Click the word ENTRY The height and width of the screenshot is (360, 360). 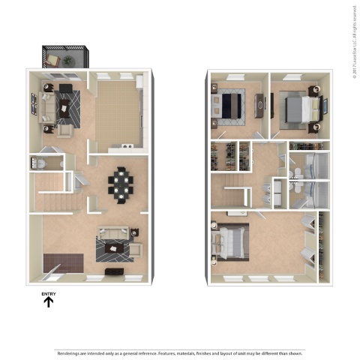pyautogui.click(x=49, y=293)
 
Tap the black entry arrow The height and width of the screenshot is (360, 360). pyautogui.click(x=49, y=303)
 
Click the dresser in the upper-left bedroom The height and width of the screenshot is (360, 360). pyautogui.click(x=259, y=106)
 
